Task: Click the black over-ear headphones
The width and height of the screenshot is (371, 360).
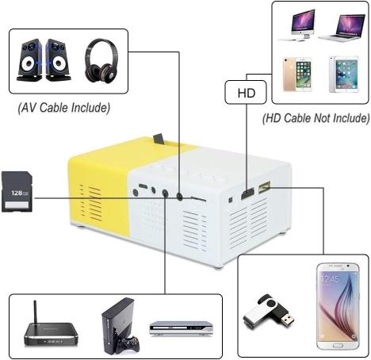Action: pos(101,61)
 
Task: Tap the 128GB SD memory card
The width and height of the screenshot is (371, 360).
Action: pos(17,192)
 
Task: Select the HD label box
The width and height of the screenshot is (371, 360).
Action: pos(246,92)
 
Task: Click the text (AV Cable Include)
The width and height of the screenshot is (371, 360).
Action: pos(64,108)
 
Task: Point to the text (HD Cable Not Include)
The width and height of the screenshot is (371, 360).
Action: pos(316,118)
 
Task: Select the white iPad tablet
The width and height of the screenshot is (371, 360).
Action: pos(344,75)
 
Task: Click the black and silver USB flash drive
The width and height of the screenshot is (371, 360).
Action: pos(268,312)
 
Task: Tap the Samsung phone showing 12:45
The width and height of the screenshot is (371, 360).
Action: pos(338,306)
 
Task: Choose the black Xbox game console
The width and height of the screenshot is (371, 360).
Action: pos(118,326)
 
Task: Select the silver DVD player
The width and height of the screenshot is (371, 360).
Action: pos(182,328)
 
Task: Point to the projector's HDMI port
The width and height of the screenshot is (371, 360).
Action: pos(247,193)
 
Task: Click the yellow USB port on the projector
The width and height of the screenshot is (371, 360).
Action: pos(265,187)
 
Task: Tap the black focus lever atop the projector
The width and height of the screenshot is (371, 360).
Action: pos(159,139)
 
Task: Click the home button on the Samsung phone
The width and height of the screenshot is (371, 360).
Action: pos(338,346)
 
